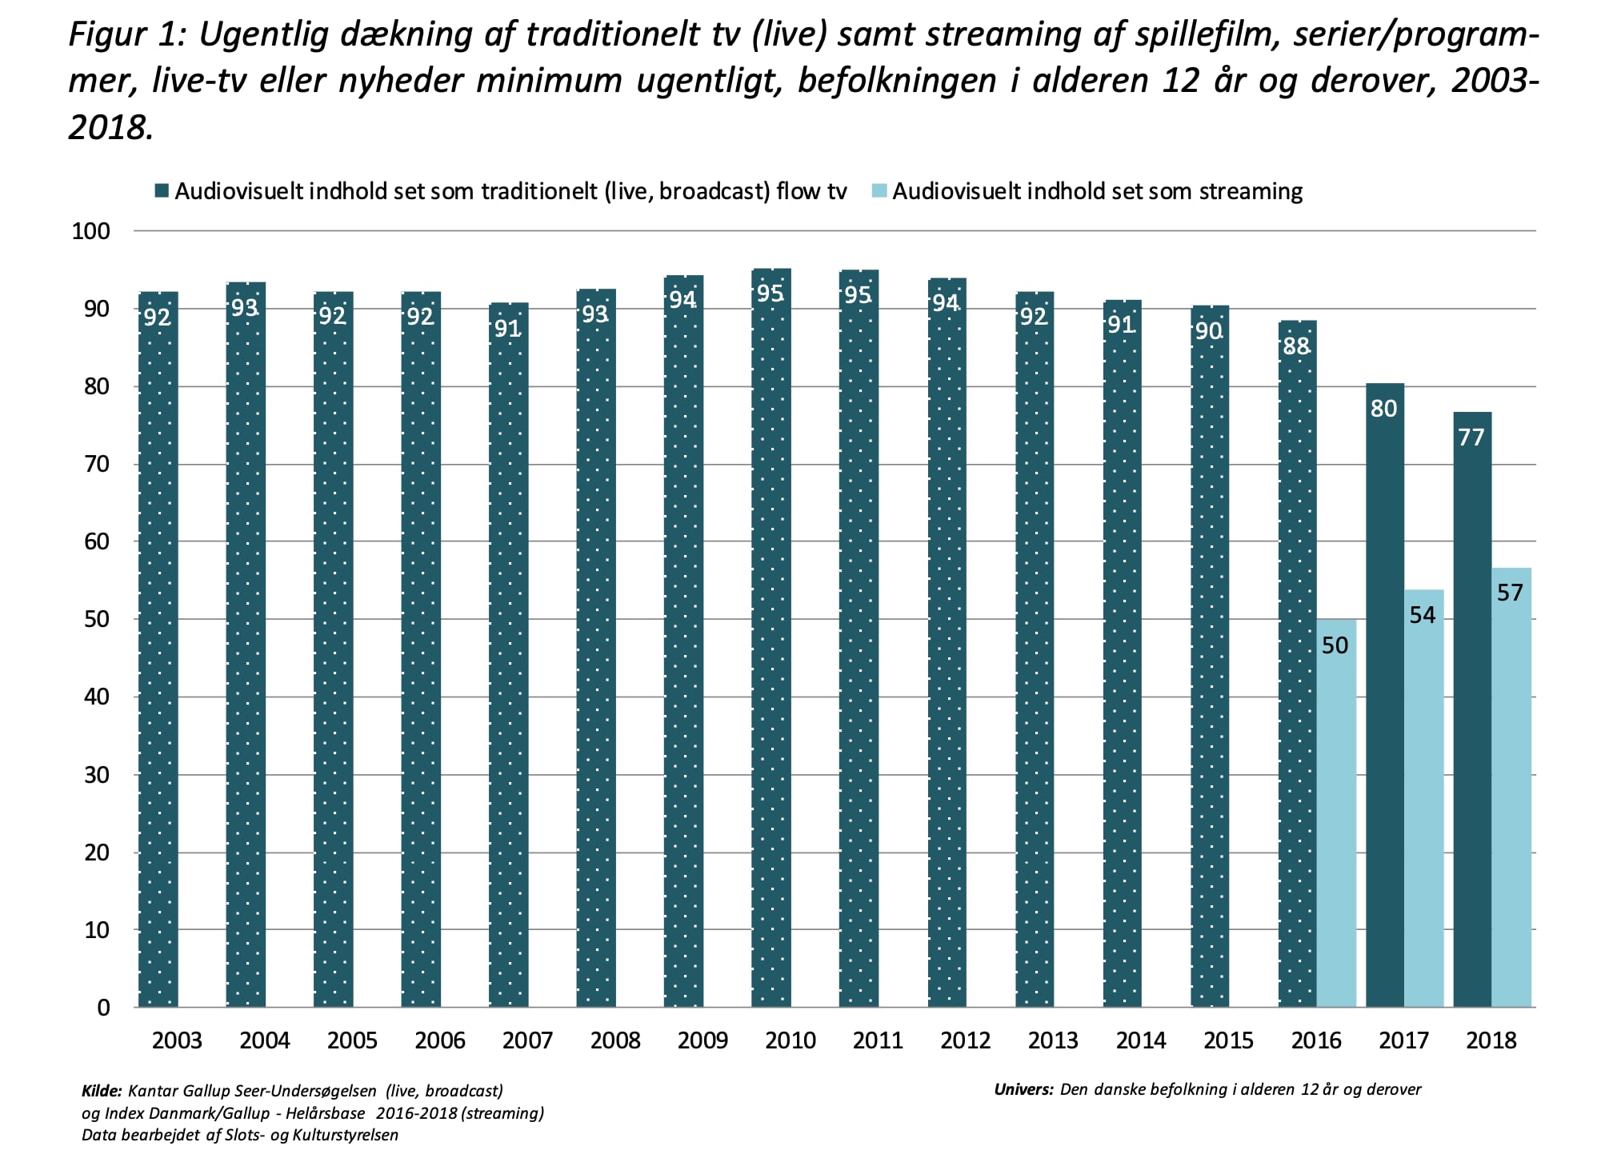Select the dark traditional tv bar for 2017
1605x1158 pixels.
pyautogui.click(x=1384, y=696)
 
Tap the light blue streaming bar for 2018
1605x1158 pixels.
pyautogui.click(x=1511, y=788)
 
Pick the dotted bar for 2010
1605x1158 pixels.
pyautogui.click(x=770, y=640)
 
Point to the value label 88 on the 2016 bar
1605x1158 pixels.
pyautogui.click(x=1296, y=346)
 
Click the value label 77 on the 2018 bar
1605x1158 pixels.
pyautogui.click(x=1471, y=437)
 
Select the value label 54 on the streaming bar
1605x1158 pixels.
pyautogui.click(x=1423, y=615)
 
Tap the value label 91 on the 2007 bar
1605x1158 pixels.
pyautogui.click(x=508, y=329)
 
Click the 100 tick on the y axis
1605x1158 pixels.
pyautogui.click(x=90, y=231)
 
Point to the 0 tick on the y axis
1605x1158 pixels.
pyautogui.click(x=103, y=1008)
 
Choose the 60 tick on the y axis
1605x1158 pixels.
pyautogui.click(x=96, y=541)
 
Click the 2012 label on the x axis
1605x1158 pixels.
pyautogui.click(x=965, y=1040)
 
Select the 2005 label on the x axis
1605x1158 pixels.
pyautogui.click(x=352, y=1040)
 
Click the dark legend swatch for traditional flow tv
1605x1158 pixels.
pyautogui.click(x=162, y=191)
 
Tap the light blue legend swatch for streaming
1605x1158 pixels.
pyautogui.click(x=879, y=191)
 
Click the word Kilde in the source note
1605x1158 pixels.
pyautogui.click(x=102, y=1091)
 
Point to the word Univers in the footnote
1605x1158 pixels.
pyautogui.click(x=1023, y=1089)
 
